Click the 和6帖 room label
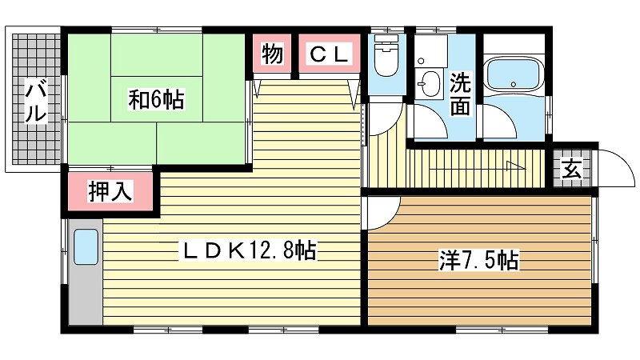(x=156, y=99)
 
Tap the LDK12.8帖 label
(x=248, y=250)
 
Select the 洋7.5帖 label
(x=479, y=259)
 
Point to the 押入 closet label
(x=110, y=191)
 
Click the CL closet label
(x=330, y=54)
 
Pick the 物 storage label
(x=272, y=54)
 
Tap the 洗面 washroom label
(x=460, y=94)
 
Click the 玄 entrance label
(x=571, y=169)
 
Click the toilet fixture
(x=386, y=55)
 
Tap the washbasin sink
(x=430, y=84)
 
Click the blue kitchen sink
(x=86, y=247)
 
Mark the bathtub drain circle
(x=514, y=85)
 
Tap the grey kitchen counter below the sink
(x=86, y=294)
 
